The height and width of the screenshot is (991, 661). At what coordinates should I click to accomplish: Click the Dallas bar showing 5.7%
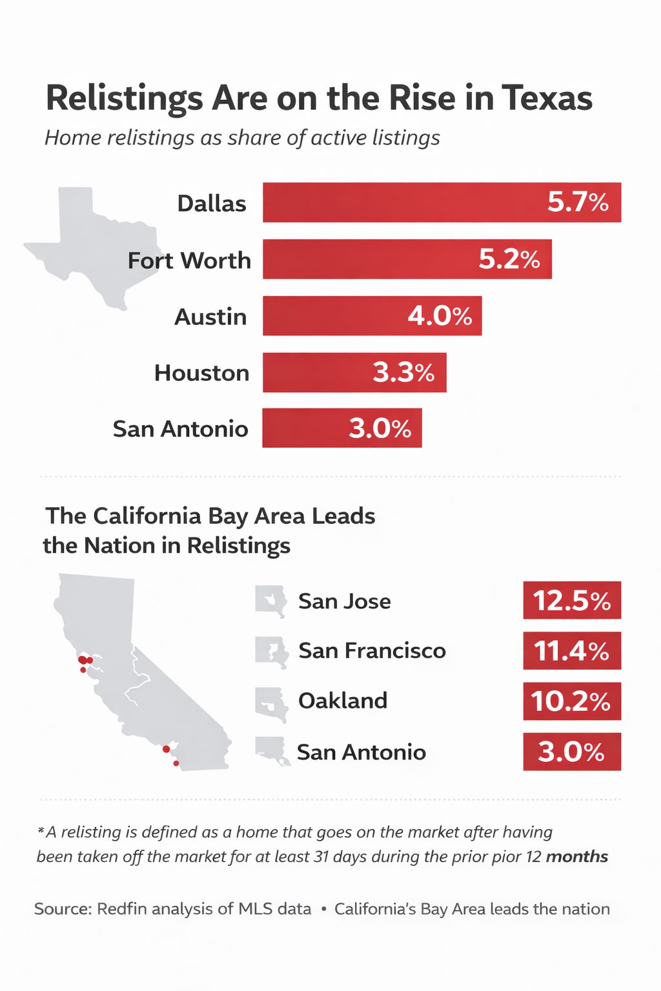(x=442, y=203)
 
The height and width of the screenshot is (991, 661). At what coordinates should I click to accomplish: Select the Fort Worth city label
(x=189, y=260)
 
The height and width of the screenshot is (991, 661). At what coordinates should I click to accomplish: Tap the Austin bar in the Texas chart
(x=372, y=316)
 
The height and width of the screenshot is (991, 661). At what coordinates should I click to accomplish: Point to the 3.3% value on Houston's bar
(x=403, y=373)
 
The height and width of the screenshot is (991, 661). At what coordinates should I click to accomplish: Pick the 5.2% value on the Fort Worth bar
(x=509, y=259)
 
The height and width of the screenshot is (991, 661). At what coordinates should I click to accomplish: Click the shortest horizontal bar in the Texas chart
(x=341, y=428)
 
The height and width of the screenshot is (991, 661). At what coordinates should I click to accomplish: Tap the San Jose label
(x=344, y=601)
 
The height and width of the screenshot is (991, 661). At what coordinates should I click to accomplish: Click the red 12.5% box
(x=572, y=601)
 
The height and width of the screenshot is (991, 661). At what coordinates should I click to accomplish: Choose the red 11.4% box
(x=572, y=651)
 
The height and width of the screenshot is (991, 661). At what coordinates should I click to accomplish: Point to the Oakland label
(x=342, y=701)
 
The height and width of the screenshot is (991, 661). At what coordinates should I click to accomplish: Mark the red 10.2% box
(x=572, y=701)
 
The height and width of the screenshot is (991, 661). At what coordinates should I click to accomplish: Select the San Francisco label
(x=372, y=651)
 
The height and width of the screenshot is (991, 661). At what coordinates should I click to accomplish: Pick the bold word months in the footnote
(x=576, y=857)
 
